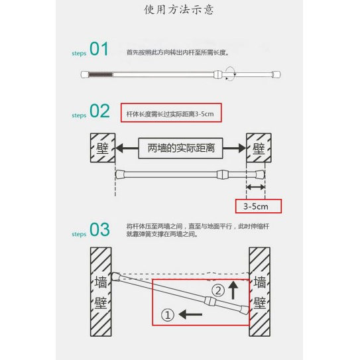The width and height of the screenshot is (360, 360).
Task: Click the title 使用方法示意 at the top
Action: (188, 11)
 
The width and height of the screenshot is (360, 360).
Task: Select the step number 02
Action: (99, 111)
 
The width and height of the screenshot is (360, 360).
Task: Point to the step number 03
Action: (99, 230)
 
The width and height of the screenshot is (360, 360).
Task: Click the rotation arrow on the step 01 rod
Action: (230, 74)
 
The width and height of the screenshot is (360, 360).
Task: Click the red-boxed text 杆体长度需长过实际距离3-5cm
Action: (170, 113)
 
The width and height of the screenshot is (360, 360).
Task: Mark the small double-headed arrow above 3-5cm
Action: (255, 188)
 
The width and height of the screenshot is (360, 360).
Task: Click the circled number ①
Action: (168, 316)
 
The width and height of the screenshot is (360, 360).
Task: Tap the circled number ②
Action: (218, 290)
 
